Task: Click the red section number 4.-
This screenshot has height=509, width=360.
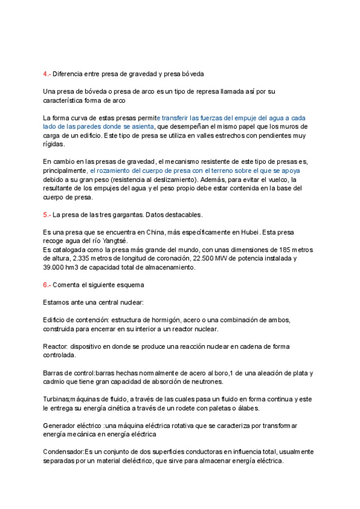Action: (x=47, y=74)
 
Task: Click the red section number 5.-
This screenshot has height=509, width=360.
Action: (x=47, y=214)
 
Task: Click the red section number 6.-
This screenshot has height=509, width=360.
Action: (x=47, y=285)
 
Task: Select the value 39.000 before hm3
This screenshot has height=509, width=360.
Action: (x=56, y=267)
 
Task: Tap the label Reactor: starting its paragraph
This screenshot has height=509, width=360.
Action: (x=55, y=347)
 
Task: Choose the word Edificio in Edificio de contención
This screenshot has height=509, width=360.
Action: (x=56, y=320)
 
